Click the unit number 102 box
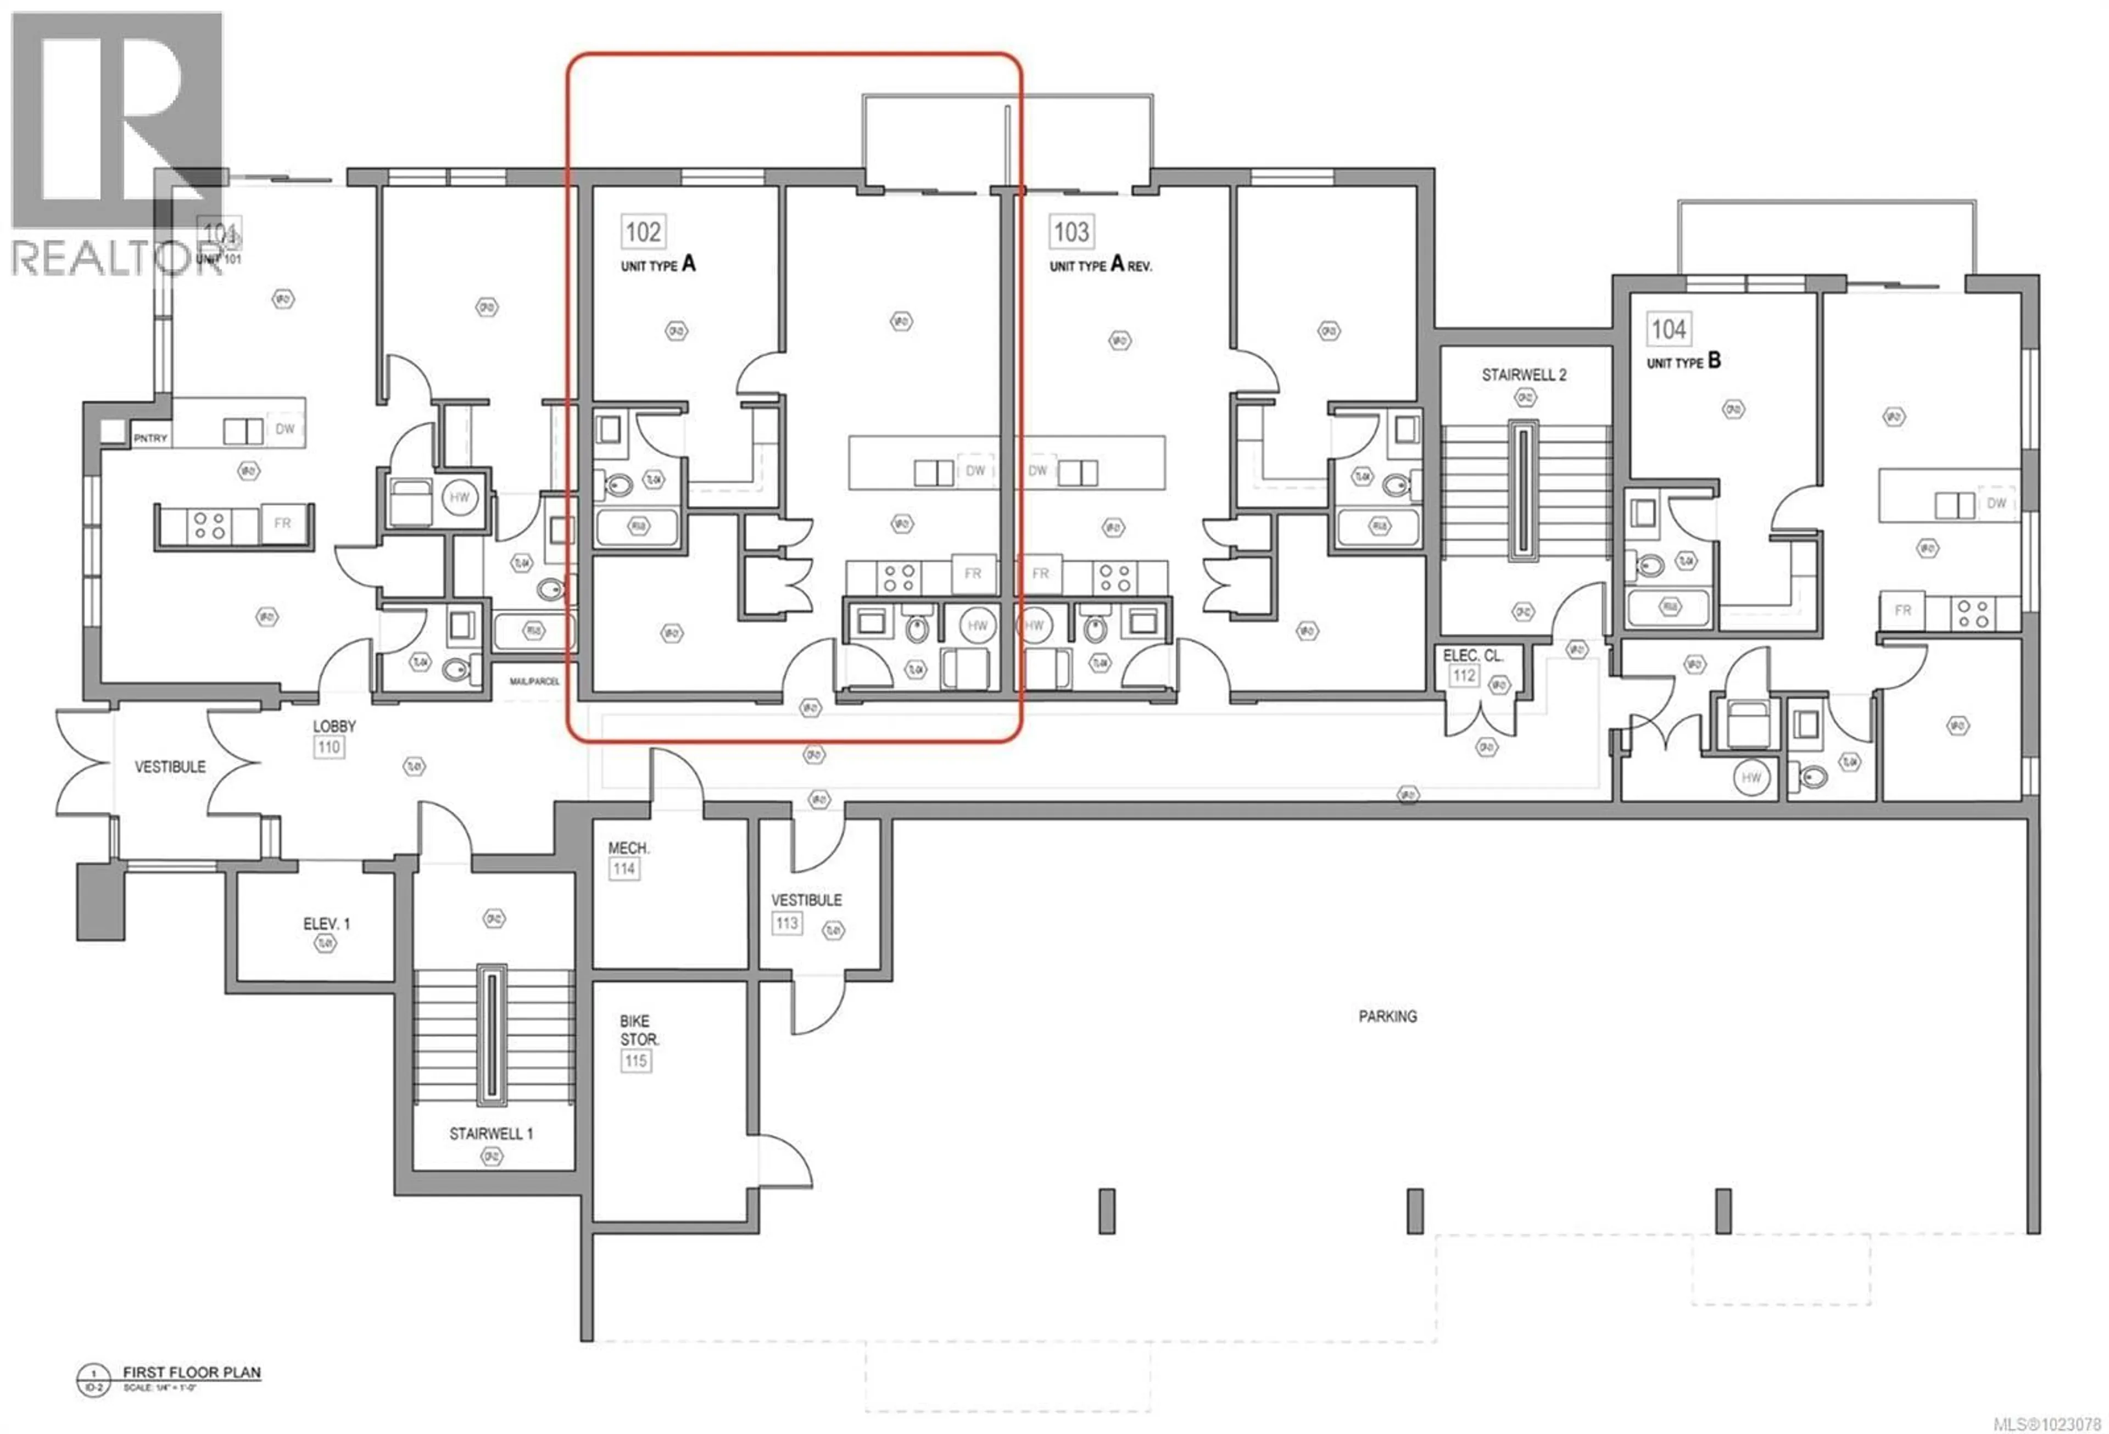pyautogui.click(x=643, y=231)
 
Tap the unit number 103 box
pyautogui.click(x=1071, y=231)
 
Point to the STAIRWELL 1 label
pyautogui.click(x=491, y=1134)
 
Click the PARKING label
pyautogui.click(x=1387, y=1017)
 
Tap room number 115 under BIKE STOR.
pyautogui.click(x=635, y=1060)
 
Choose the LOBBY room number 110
pyautogui.click(x=328, y=747)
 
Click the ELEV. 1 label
pyautogui.click(x=326, y=924)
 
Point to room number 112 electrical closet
pyautogui.click(x=1463, y=675)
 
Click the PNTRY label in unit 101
pyautogui.click(x=150, y=438)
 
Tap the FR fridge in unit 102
pyautogui.click(x=973, y=573)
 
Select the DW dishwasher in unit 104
pyautogui.click(x=1996, y=503)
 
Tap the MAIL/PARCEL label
pyautogui.click(x=534, y=680)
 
